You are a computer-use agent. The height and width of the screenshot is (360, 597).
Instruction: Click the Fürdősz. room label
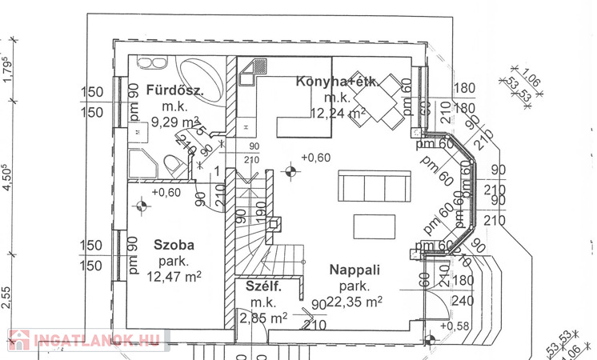174,90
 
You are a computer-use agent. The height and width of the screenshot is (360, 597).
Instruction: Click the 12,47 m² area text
174,277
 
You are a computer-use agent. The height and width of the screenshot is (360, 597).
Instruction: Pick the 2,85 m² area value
263,318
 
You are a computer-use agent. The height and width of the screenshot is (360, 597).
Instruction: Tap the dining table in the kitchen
382,102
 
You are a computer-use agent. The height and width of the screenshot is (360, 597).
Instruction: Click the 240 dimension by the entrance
463,301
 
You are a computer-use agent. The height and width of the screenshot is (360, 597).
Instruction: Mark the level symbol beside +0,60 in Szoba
142,206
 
